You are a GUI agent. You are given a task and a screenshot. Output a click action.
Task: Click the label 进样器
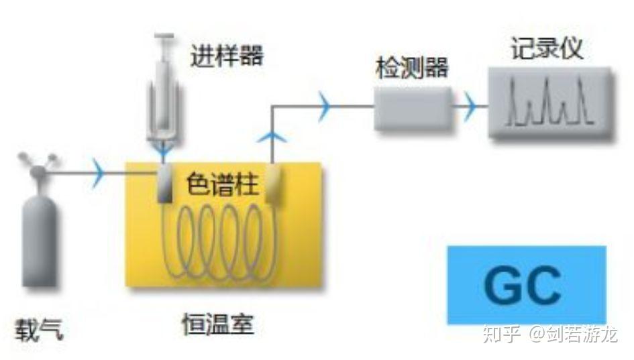226,56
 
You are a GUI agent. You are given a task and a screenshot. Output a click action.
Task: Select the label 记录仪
546,49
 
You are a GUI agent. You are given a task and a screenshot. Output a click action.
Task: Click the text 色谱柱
222,183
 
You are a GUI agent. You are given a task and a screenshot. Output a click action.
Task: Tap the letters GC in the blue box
523,285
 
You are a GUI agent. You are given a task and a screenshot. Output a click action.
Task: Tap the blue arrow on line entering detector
325,105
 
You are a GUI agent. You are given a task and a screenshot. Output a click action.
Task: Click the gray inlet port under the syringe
164,187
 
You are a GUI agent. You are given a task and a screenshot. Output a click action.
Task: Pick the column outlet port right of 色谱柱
273,187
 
